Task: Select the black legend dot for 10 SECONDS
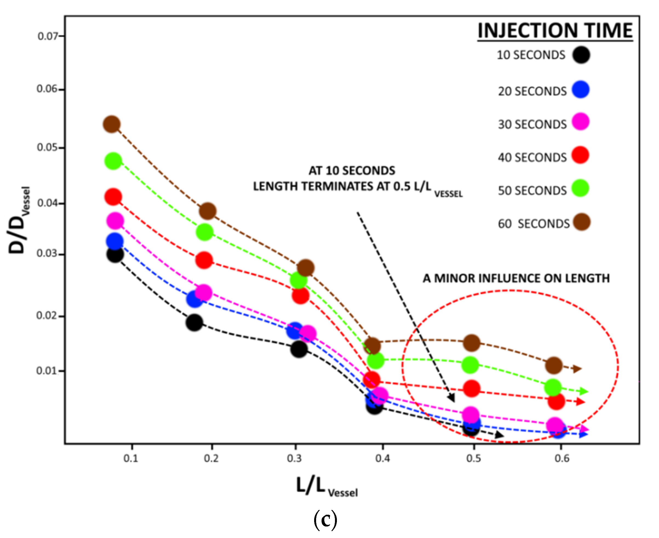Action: pos(581,55)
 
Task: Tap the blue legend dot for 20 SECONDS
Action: pos(580,90)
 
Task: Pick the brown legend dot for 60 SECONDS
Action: pos(581,222)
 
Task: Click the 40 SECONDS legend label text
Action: pos(532,158)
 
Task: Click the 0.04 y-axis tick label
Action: pos(47,203)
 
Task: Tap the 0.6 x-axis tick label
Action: pos(562,458)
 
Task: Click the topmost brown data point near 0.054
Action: pos(112,124)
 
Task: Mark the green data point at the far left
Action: pos(113,161)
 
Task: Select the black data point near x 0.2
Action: pos(194,323)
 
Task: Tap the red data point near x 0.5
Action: pos(472,389)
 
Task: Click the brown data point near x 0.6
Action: pos(554,365)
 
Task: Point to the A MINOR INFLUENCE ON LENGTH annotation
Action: pos(516,278)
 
